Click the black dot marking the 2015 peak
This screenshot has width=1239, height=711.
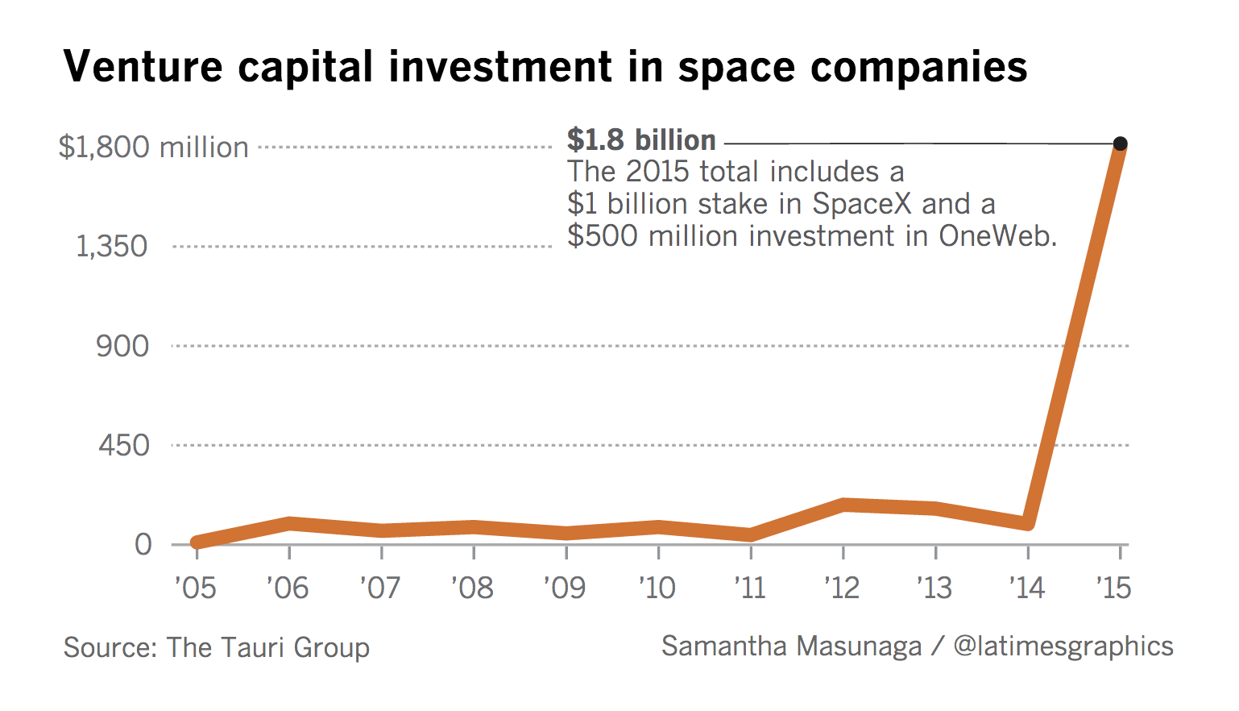(1120, 143)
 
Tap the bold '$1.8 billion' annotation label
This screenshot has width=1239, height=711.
(641, 140)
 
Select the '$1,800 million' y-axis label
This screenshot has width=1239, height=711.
(154, 148)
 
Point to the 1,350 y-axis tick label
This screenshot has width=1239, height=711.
(112, 247)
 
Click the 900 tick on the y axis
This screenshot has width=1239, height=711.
(122, 346)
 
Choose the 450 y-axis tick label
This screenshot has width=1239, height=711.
(123, 445)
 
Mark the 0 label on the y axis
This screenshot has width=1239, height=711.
(143, 544)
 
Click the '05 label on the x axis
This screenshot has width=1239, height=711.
(195, 588)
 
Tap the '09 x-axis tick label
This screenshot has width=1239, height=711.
(565, 588)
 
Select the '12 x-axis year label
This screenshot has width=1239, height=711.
(842, 588)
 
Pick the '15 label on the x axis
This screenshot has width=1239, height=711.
(1114, 588)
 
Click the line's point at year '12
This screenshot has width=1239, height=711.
(843, 505)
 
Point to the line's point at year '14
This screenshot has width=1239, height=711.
(1027, 523)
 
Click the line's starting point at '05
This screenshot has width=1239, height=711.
(197, 542)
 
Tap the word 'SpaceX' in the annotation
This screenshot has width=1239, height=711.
(861, 204)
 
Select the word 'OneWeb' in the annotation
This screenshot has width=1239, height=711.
(997, 236)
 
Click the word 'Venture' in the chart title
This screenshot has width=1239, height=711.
(143, 66)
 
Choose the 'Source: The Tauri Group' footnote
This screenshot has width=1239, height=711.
(217, 647)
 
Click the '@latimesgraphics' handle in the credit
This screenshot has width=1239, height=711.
(1063, 646)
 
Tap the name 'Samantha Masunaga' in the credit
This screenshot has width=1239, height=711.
(791, 646)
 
